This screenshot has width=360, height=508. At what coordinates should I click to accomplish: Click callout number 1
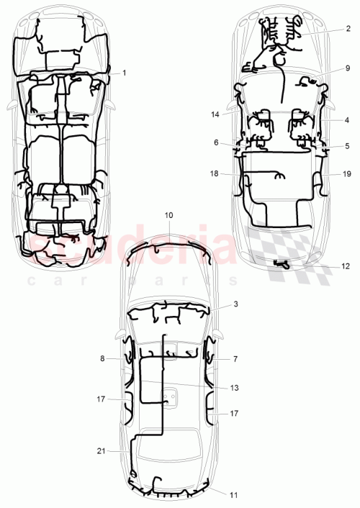pos(124,73)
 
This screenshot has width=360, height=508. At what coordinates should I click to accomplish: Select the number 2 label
pos(347,29)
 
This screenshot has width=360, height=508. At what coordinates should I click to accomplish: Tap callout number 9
pos(347,68)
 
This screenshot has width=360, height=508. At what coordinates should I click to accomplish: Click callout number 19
pos(347,175)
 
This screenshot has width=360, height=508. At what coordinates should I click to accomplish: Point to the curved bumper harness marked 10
pos(169,248)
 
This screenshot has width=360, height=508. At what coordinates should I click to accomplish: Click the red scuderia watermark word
pos(166,246)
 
